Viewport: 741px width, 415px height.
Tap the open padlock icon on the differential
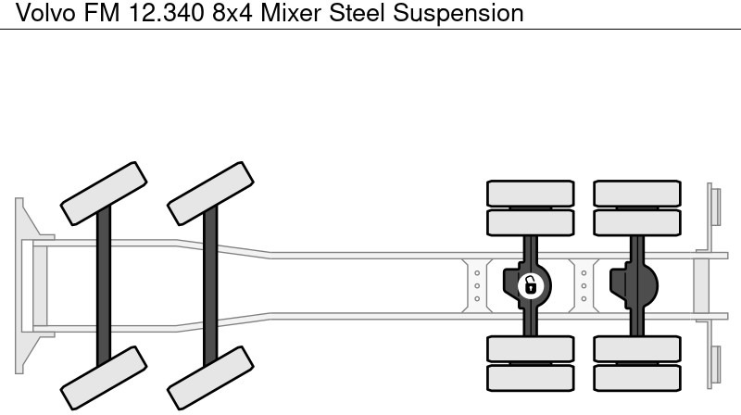tap(530, 284)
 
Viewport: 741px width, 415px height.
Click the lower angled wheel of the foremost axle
tap(104, 379)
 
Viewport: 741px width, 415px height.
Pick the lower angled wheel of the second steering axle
tap(210, 379)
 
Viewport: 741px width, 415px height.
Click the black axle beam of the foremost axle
tap(104, 284)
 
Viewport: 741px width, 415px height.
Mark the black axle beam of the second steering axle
tap(210, 284)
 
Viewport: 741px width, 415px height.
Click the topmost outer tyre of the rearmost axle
tap(636, 193)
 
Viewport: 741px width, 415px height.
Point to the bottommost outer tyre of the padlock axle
tap(530, 377)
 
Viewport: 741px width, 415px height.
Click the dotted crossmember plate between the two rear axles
tap(583, 284)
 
